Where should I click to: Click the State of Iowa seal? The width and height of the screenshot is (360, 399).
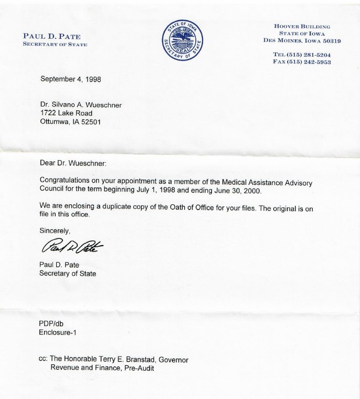coord(183,40)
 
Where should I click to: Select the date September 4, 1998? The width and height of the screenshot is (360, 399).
coord(70,79)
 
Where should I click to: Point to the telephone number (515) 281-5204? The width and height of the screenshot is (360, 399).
coord(310,55)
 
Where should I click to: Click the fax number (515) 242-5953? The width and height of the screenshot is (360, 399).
coord(310,61)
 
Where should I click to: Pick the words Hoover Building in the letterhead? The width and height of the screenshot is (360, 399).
coord(302,26)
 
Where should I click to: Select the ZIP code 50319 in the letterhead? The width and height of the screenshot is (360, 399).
coord(330,40)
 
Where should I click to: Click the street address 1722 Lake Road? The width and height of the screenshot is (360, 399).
coord(66,113)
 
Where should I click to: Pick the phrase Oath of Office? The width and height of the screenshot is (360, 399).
coord(199,207)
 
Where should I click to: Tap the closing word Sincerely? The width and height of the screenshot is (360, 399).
coord(55,230)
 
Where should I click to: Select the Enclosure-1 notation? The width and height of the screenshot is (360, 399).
coord(58,332)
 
